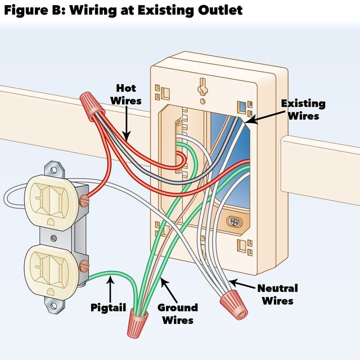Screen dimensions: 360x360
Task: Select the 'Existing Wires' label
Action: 303,110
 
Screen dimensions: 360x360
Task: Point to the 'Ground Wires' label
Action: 177,313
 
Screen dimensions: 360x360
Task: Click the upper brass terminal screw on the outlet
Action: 84,199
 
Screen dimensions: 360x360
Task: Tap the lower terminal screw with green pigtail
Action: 85,264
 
